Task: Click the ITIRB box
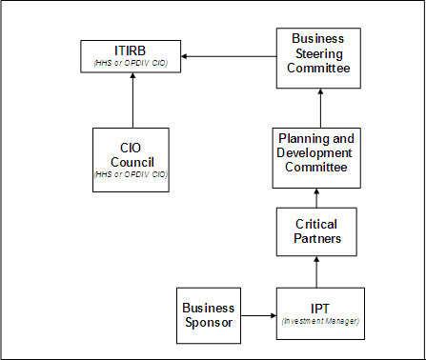pos(131,55)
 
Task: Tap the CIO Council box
pos(131,160)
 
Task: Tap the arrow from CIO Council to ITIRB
pos(131,100)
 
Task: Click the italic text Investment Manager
pos(320,322)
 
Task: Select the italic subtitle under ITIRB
pos(131,64)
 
